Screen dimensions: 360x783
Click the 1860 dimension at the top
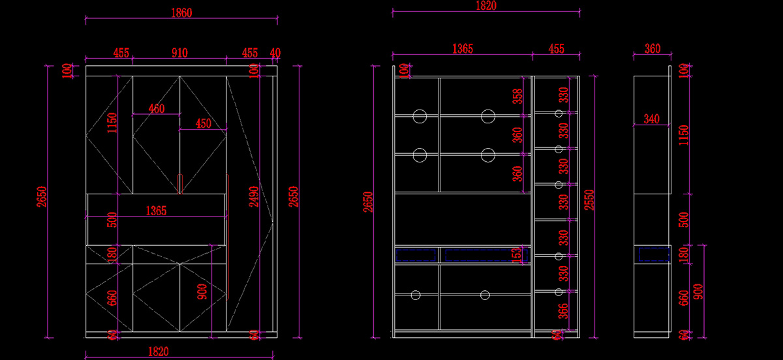point(181,12)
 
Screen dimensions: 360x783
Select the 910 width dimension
point(179,53)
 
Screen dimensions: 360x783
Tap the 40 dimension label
point(275,53)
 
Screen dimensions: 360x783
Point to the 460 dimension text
point(157,109)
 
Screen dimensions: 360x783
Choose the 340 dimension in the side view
point(651,119)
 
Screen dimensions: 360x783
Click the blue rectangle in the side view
point(654,254)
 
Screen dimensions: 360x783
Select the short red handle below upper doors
point(180,184)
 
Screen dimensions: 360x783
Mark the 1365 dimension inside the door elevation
point(156,211)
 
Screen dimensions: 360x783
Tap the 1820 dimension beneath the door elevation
point(157,352)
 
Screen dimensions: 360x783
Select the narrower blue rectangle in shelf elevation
point(416,254)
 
